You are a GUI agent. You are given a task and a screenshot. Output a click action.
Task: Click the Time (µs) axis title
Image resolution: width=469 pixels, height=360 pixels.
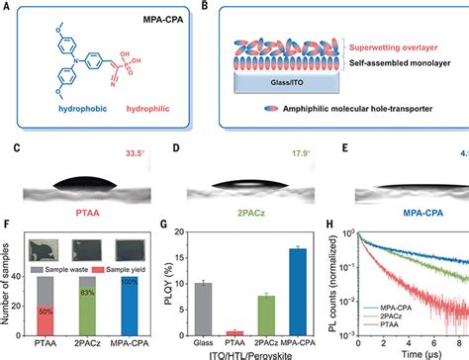(x=413, y=353)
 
